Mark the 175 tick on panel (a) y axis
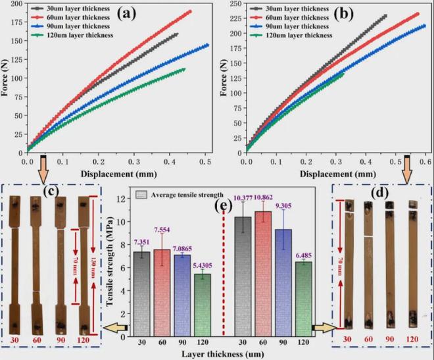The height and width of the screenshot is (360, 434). coord(17,24)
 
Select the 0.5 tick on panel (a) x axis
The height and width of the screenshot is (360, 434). coord(205,160)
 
